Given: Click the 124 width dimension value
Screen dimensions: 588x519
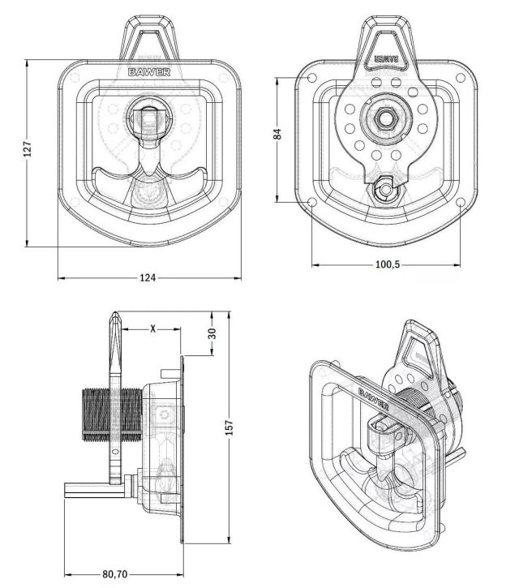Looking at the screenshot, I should click(147, 278).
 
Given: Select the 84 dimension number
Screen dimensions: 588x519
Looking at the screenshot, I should click(277, 135).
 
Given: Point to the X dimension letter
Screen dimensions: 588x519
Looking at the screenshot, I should click(152, 329).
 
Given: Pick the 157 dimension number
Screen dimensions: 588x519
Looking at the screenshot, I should click(229, 426).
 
